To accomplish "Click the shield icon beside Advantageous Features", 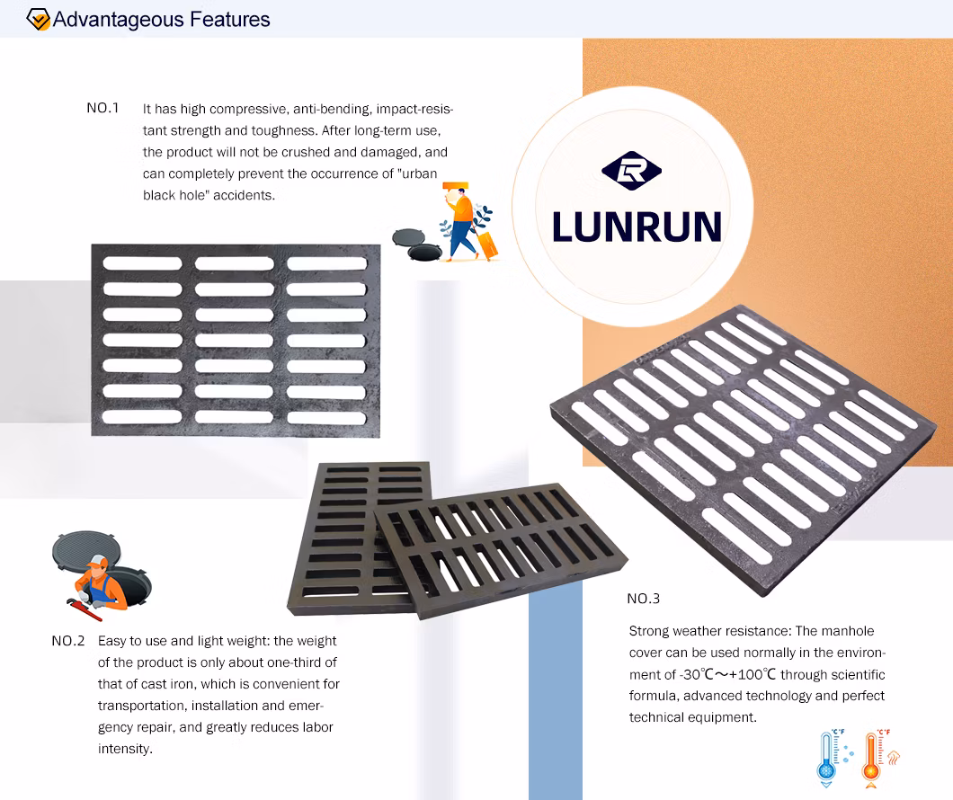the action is click(38, 20).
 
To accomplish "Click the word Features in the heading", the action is click(230, 20).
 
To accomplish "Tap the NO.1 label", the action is click(102, 108).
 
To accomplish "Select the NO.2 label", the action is click(68, 641).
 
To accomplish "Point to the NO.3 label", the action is click(643, 599).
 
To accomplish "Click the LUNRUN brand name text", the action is click(637, 227).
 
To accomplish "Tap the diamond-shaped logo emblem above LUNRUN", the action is click(631, 171).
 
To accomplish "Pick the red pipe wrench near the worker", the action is click(84, 609).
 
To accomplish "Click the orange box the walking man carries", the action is click(455, 186).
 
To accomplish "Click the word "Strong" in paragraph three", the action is click(649, 632).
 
